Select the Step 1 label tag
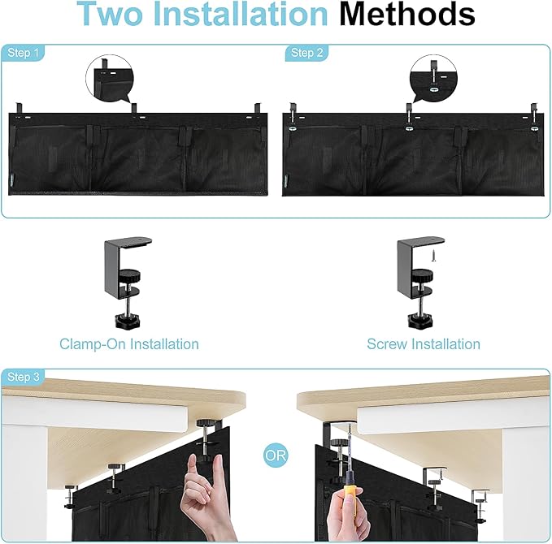24,53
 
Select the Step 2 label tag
302,53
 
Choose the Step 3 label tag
24,378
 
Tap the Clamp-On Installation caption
128,344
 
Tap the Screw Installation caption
423,344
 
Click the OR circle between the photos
276,455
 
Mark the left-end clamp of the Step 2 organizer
292,114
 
